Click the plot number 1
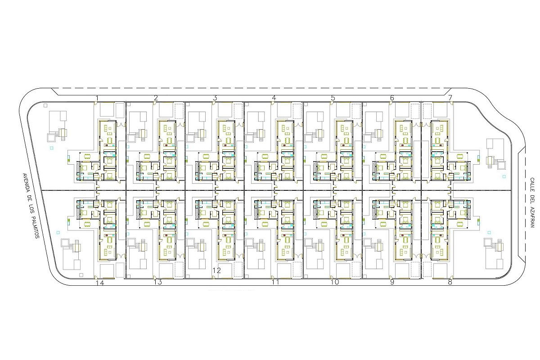[x=97, y=98]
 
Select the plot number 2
[x=156, y=98]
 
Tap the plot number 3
[x=215, y=98]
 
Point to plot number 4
[x=274, y=98]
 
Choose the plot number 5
[x=333, y=98]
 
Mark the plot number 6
[x=392, y=98]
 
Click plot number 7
[x=450, y=98]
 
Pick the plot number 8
[x=450, y=282]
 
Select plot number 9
[x=392, y=282]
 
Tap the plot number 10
[x=335, y=282]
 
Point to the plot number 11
[x=275, y=282]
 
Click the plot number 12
[x=217, y=270]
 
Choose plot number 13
[x=158, y=282]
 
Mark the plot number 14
[x=100, y=283]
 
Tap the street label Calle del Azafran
[x=532, y=202]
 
